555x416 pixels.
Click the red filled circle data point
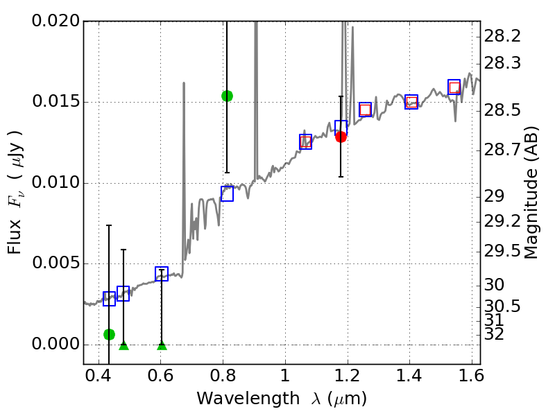[x=341, y=137]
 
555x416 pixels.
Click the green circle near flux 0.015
[x=227, y=96]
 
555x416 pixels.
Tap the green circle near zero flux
[x=109, y=334]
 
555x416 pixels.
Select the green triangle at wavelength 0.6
[x=162, y=345]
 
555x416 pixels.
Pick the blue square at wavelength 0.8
[x=227, y=194]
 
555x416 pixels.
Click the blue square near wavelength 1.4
[x=411, y=102]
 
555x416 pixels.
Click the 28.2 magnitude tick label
[x=503, y=35]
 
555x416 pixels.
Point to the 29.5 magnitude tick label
[x=503, y=250]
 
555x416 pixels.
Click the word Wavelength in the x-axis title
[x=238, y=399]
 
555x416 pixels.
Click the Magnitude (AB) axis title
[x=532, y=192]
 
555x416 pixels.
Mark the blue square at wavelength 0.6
[x=162, y=274]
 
